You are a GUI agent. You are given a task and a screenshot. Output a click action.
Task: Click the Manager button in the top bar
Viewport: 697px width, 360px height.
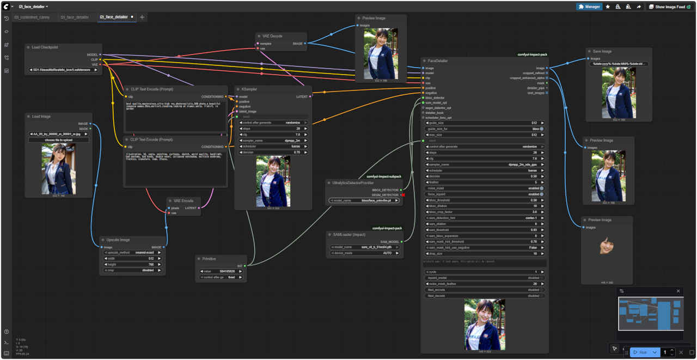tap(589, 7)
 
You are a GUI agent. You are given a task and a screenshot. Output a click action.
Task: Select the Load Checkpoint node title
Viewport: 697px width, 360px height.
tap(45, 47)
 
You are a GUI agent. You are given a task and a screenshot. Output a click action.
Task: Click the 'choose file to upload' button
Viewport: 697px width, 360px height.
tap(59, 140)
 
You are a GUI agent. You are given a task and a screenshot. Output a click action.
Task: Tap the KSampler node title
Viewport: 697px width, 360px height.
tap(249, 89)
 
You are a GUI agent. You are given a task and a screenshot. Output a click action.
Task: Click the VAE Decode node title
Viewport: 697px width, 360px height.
tap(272, 36)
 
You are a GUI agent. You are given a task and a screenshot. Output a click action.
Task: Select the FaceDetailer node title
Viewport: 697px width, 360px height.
tap(438, 61)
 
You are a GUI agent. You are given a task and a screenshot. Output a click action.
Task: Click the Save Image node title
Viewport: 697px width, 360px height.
tap(602, 51)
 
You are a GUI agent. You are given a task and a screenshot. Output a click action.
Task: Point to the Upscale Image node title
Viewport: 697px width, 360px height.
tap(118, 240)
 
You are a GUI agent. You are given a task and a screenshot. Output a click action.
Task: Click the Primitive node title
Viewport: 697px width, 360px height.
tap(209, 259)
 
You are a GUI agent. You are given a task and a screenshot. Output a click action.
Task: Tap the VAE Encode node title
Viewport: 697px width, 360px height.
tap(183, 200)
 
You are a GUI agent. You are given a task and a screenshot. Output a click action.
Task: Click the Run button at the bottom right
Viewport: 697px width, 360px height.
tap(640, 352)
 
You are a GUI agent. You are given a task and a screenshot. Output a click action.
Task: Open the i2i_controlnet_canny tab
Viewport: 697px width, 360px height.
tap(32, 17)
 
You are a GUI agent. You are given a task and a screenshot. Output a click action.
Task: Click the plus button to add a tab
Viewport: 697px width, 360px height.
tap(142, 17)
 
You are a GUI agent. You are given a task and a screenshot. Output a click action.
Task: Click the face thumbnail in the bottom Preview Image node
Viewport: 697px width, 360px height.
tap(607, 246)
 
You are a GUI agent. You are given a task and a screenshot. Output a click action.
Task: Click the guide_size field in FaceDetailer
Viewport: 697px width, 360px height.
tap(485, 123)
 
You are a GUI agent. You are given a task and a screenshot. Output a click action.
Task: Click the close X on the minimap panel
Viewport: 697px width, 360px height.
tap(678, 291)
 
